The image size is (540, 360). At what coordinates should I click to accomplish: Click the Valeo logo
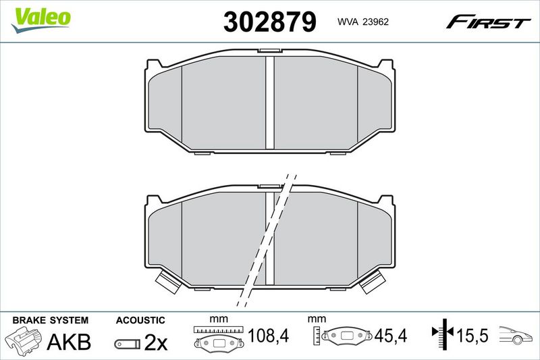point(41,20)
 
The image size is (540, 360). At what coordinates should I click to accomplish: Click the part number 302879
point(269,22)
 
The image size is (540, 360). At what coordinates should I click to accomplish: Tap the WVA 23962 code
point(363,22)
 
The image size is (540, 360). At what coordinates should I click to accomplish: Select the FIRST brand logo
point(488,22)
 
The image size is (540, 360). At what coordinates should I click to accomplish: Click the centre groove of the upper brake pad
point(269,103)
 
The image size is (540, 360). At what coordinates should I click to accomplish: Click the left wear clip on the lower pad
point(167,282)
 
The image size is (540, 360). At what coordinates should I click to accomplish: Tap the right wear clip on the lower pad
point(373,282)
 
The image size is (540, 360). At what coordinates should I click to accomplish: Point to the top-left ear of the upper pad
point(154,64)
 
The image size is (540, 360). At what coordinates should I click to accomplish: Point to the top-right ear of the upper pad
point(385,64)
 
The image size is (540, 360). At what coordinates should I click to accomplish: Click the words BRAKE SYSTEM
point(50,320)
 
